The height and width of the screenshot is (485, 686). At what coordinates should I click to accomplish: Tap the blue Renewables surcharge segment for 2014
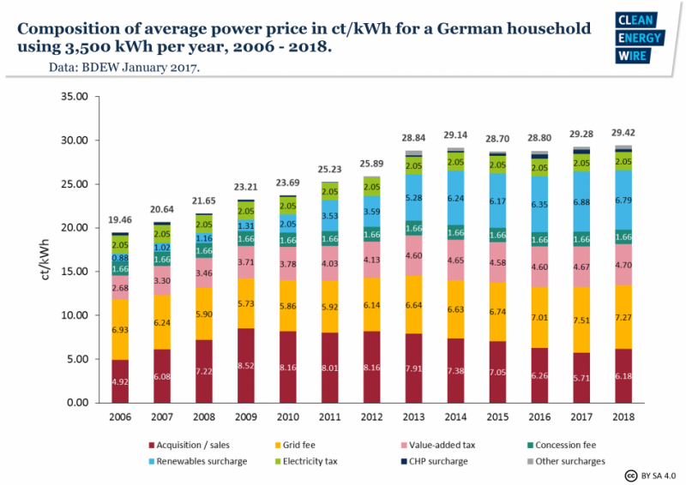[455, 198]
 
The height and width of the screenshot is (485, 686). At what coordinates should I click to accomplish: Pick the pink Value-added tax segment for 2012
[371, 260]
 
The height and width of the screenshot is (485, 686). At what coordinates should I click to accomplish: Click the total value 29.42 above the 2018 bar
[623, 134]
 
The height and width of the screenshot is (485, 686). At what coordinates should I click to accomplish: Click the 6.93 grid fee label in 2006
[120, 329]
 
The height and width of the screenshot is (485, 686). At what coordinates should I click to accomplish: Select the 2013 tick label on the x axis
[413, 417]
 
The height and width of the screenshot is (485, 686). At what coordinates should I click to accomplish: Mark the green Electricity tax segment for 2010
[287, 206]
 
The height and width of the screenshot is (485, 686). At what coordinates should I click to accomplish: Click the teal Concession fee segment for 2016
[539, 239]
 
